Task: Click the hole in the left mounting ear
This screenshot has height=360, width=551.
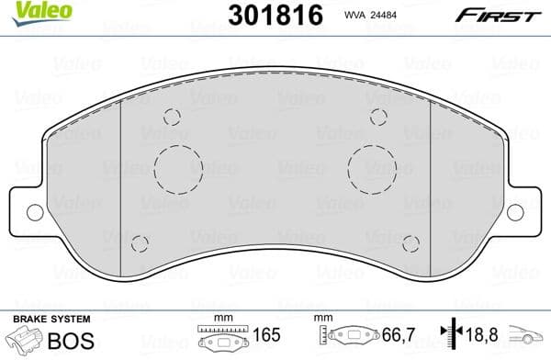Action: [x=35, y=212]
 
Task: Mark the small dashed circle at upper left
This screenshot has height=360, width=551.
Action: [x=172, y=118]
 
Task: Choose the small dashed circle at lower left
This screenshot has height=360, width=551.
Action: [x=140, y=243]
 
